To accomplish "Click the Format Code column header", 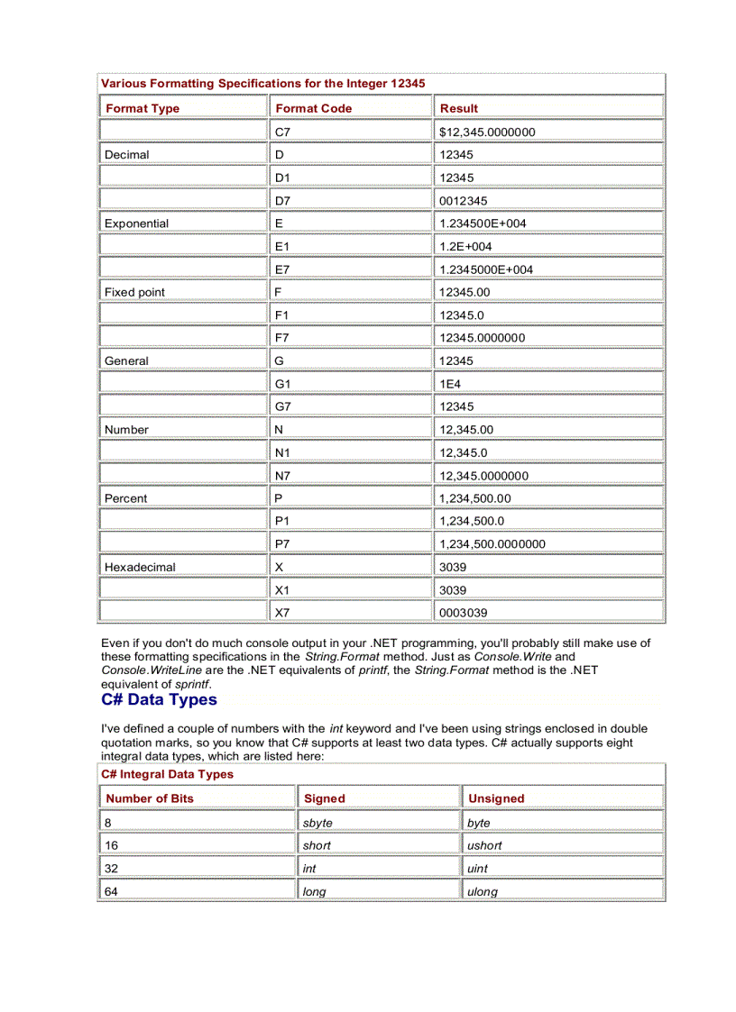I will (314, 108).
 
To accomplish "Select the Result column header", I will (459, 108).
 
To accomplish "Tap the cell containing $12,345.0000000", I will (487, 132).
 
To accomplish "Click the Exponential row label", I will (137, 223).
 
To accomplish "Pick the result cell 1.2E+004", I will (465, 246).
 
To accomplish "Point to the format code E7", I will (283, 269).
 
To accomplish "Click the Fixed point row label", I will (135, 292).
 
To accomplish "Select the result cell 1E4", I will (451, 384).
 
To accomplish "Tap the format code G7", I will (284, 406).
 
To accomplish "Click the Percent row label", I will (126, 498).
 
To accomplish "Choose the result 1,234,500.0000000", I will (492, 544).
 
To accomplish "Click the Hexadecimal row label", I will (140, 568).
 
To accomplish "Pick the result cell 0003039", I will (464, 613).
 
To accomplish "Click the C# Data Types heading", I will (159, 700).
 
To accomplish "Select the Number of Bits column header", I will (150, 798).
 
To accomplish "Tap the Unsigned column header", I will (496, 798).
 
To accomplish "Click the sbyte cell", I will (317, 823).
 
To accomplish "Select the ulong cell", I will (483, 892).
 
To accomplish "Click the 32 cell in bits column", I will (112, 869).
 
